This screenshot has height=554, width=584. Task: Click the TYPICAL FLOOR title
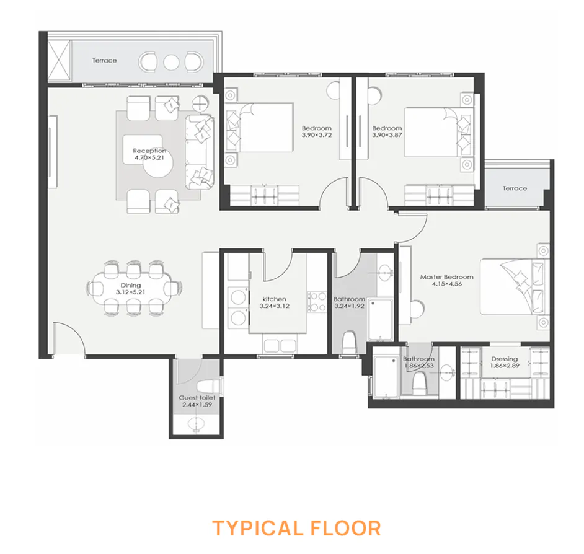[x=296, y=528]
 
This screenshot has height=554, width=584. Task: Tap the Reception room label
[x=149, y=154]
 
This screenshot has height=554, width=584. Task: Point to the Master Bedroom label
[x=446, y=281]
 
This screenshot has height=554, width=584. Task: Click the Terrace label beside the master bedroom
[x=515, y=188]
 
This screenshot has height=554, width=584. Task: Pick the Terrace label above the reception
[x=105, y=61]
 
